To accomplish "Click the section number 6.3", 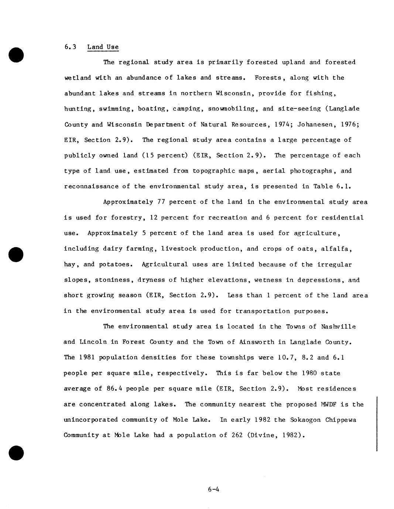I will [70, 47].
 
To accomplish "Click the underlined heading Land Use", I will [103, 47].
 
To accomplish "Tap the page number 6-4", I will [213, 490].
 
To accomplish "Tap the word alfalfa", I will [339, 249].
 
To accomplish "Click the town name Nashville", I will [338, 327].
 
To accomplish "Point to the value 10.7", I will [288, 358].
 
